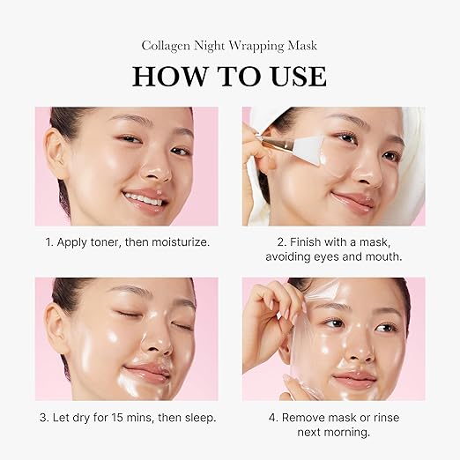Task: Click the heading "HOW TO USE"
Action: (229, 76)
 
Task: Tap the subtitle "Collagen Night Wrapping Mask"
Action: (229, 45)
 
